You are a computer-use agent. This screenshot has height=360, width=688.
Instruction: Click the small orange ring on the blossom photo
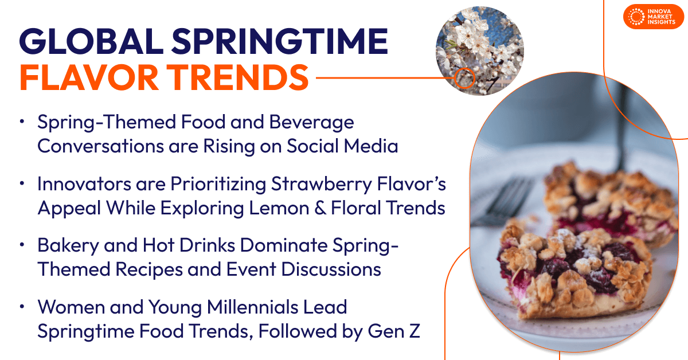pos(464,77)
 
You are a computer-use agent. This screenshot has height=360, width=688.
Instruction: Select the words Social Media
pos(343,146)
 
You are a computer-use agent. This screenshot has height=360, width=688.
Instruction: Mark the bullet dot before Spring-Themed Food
pos(22,122)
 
